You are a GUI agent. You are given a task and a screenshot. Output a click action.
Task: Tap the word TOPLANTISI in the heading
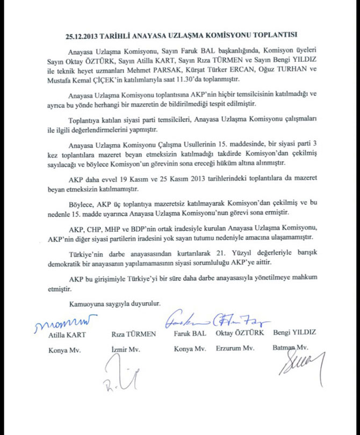click(273, 37)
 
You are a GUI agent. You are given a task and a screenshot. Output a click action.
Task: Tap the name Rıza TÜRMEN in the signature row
click(133, 334)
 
